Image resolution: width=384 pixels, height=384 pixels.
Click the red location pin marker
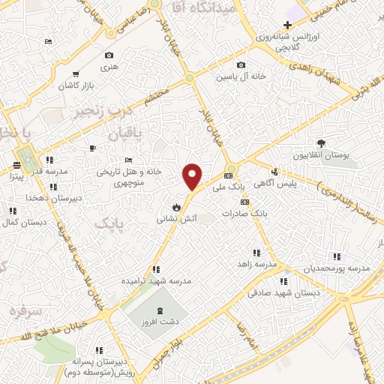tap(193, 176)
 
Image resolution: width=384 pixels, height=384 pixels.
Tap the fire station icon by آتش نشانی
tap(175, 206)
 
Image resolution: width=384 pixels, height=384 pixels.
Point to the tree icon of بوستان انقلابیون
tap(321, 142)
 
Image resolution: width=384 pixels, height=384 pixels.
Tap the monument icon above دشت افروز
tap(159, 310)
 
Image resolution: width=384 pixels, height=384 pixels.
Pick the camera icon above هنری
tap(109, 55)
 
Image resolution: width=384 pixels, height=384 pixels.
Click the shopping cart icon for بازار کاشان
tap(76, 74)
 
